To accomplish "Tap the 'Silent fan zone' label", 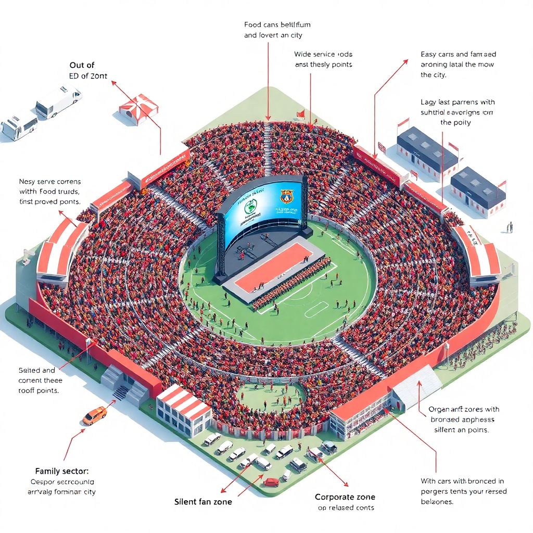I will [203, 501].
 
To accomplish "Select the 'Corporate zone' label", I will [345, 497].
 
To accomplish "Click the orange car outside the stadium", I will [95, 415].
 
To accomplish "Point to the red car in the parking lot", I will [271, 481].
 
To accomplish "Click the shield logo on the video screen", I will [287, 196].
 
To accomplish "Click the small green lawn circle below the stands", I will [271, 395].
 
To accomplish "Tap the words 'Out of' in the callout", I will [82, 65].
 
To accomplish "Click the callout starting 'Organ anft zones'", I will [464, 409].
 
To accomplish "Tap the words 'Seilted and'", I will [36, 370].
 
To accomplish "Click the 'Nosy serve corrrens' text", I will [49, 182].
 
